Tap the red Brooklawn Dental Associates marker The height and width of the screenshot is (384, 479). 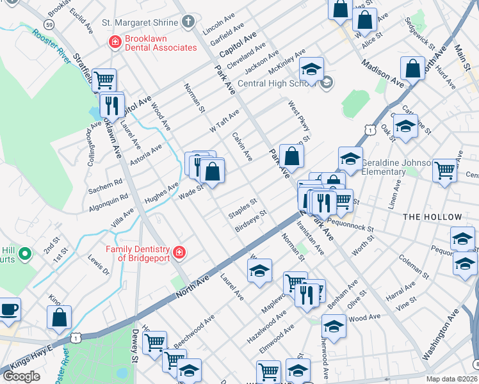(x=115, y=43)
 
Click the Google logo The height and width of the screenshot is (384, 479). (x=22, y=376)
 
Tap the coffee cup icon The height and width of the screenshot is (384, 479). (x=9, y=310)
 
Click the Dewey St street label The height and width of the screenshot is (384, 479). (x=135, y=350)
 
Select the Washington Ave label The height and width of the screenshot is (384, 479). (x=441, y=335)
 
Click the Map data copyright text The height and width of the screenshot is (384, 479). (x=451, y=379)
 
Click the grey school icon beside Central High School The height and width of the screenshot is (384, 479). (x=327, y=82)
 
